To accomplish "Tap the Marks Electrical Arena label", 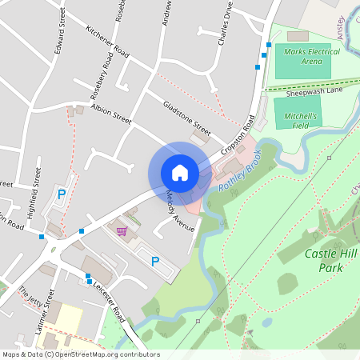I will tap(312, 56).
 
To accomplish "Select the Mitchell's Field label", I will tap(300, 120).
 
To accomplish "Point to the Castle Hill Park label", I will tap(334, 260).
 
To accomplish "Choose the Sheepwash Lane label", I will tap(314, 93).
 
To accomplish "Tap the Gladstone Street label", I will tap(186, 118).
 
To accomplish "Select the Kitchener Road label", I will tap(106, 39).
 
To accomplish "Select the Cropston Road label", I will tap(238, 137).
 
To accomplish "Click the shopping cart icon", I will tap(121, 231).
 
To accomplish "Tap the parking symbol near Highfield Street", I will tap(61, 194).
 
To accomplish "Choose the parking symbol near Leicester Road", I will tap(155, 261).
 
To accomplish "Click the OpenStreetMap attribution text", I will tap(81, 354).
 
